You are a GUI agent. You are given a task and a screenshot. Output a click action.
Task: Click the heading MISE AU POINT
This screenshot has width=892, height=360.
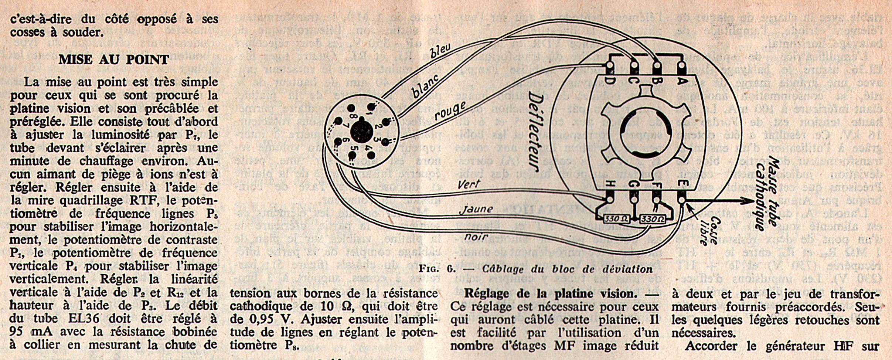[x=113, y=60]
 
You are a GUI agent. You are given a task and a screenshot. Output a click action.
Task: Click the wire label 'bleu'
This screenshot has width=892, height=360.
[x=441, y=51]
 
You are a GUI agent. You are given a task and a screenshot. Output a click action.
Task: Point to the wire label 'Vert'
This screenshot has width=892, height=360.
[x=469, y=184]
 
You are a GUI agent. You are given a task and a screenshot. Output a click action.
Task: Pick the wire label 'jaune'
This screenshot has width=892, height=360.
[x=476, y=210]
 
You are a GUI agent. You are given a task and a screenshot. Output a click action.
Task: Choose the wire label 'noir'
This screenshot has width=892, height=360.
[x=476, y=237]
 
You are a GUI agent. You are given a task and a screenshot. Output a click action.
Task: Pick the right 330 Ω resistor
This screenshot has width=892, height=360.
[x=653, y=219]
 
